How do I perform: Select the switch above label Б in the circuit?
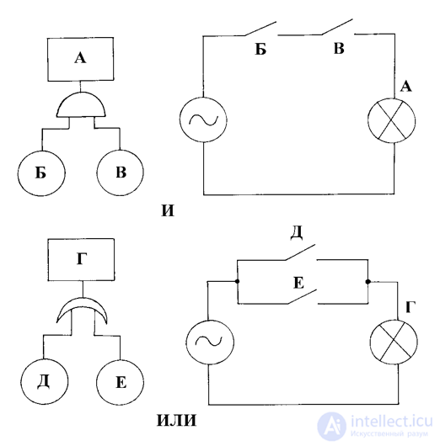(x=260, y=29)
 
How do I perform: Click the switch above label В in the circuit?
(x=338, y=27)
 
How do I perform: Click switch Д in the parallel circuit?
(x=300, y=252)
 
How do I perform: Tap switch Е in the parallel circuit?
(x=302, y=297)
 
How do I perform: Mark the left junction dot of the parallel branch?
(x=237, y=281)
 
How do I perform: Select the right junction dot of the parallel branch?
(x=368, y=282)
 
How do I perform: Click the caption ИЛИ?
(x=177, y=421)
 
